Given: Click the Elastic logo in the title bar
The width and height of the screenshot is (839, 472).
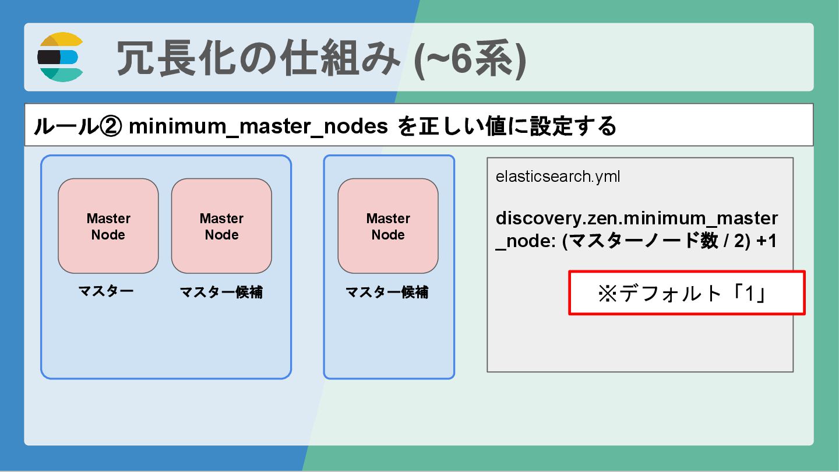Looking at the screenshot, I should (61, 57).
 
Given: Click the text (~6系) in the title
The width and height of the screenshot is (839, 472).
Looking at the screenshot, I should (470, 58).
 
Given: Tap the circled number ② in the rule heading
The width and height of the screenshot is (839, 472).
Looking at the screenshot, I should (109, 126).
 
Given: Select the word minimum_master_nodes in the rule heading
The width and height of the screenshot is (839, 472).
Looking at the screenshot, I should (258, 126).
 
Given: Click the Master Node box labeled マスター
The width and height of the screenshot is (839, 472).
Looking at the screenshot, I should (108, 226).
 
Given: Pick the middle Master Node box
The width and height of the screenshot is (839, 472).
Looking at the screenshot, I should (221, 226).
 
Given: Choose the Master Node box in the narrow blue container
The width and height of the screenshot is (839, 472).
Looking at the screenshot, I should (388, 226).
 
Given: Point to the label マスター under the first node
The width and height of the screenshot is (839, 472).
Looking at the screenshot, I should (106, 291).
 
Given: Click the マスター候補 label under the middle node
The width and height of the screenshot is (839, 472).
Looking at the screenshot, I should (221, 292).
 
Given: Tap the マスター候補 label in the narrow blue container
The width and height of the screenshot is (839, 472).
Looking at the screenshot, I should (387, 292).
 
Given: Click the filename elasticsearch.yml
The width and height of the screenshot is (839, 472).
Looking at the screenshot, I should (558, 177).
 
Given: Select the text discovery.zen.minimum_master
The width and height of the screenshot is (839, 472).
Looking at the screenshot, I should (636, 219).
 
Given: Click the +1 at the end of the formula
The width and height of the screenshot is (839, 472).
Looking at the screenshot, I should (767, 241).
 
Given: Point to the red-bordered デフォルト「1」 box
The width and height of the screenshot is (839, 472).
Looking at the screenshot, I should (686, 293).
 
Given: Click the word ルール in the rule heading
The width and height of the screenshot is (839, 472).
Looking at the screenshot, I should (65, 126).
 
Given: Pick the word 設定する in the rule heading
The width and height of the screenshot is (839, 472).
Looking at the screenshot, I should (573, 126).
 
